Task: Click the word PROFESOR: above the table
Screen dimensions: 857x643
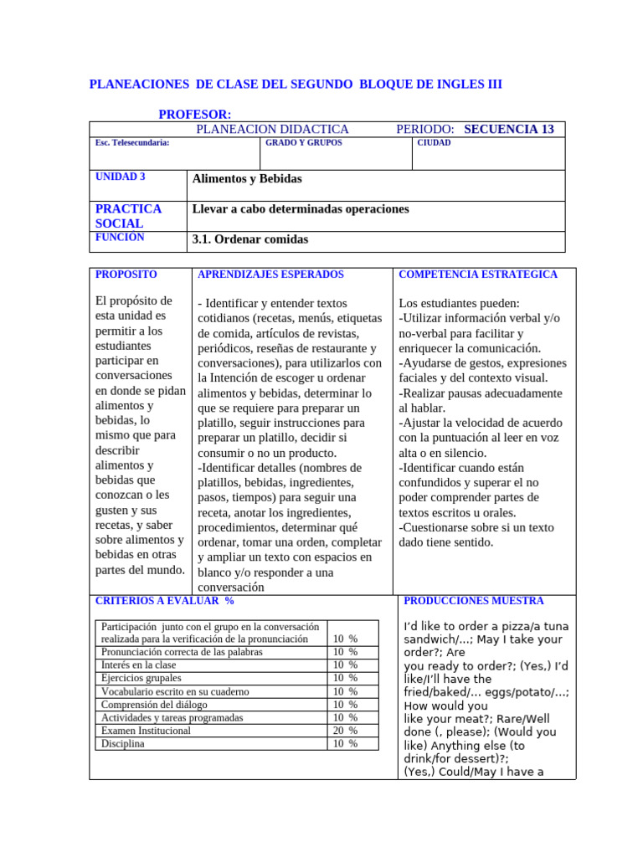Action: (x=195, y=114)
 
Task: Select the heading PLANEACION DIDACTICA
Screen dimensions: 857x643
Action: (x=272, y=129)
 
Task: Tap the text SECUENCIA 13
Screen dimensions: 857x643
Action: (x=508, y=129)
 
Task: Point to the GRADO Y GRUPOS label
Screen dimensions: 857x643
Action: (x=303, y=143)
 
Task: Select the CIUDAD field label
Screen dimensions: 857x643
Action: (x=435, y=143)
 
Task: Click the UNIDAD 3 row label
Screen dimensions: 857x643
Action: (x=121, y=177)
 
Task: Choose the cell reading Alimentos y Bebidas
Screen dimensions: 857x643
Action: (x=247, y=178)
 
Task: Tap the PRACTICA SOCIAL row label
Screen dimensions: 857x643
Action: (x=128, y=216)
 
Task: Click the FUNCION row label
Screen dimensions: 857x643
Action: (x=120, y=238)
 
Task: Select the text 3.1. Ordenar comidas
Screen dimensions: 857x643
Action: (x=249, y=239)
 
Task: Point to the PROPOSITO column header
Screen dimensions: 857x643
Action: (x=126, y=275)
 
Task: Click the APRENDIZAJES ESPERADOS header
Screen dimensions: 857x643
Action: (x=270, y=275)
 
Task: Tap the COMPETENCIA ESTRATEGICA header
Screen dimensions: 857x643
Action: (x=478, y=275)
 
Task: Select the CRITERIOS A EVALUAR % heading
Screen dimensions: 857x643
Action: (x=165, y=601)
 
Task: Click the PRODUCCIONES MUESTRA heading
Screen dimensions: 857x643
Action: (x=474, y=601)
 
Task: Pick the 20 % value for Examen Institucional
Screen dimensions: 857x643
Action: (x=345, y=731)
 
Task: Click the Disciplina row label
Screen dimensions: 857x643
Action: (x=122, y=743)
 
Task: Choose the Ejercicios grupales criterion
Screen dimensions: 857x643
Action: (x=141, y=678)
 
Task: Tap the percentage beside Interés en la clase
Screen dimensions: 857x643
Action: (x=345, y=665)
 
